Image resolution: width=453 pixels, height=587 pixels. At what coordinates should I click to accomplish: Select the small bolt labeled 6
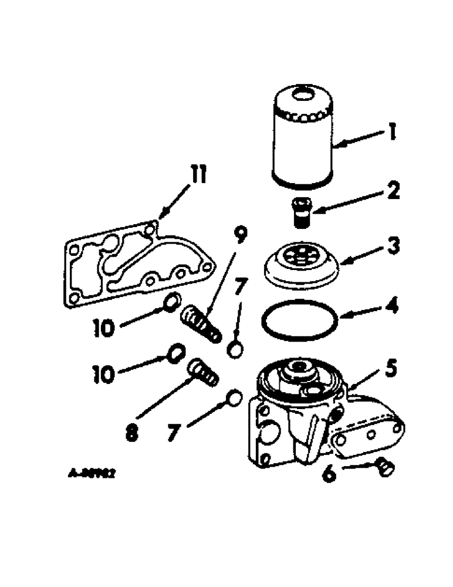click(x=384, y=467)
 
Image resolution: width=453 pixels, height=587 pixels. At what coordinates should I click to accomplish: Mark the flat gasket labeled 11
click(x=135, y=264)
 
